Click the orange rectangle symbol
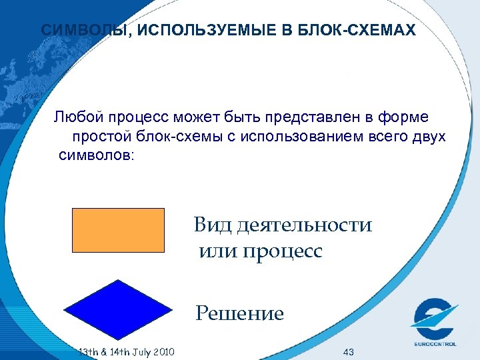click(x=117, y=229)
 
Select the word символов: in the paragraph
click(x=96, y=156)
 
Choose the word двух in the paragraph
click(x=427, y=137)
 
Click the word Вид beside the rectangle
click(x=211, y=225)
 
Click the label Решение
click(x=240, y=313)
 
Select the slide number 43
click(x=347, y=351)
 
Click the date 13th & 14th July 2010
click(x=127, y=351)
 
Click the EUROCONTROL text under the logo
click(x=434, y=344)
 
